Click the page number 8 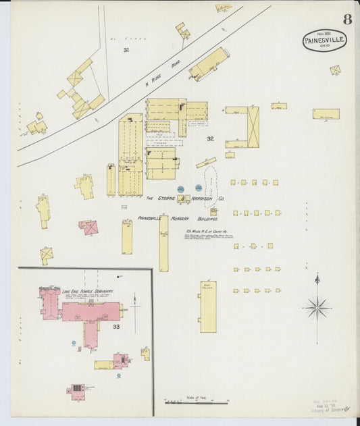click(x=346, y=19)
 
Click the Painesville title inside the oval click(x=324, y=41)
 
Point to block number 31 click(x=126, y=50)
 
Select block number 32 click(x=210, y=138)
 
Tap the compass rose click(x=317, y=307)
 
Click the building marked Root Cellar click(x=208, y=307)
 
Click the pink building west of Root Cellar click(x=90, y=228)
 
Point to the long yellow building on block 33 click(x=104, y=365)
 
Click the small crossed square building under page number click(x=335, y=70)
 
